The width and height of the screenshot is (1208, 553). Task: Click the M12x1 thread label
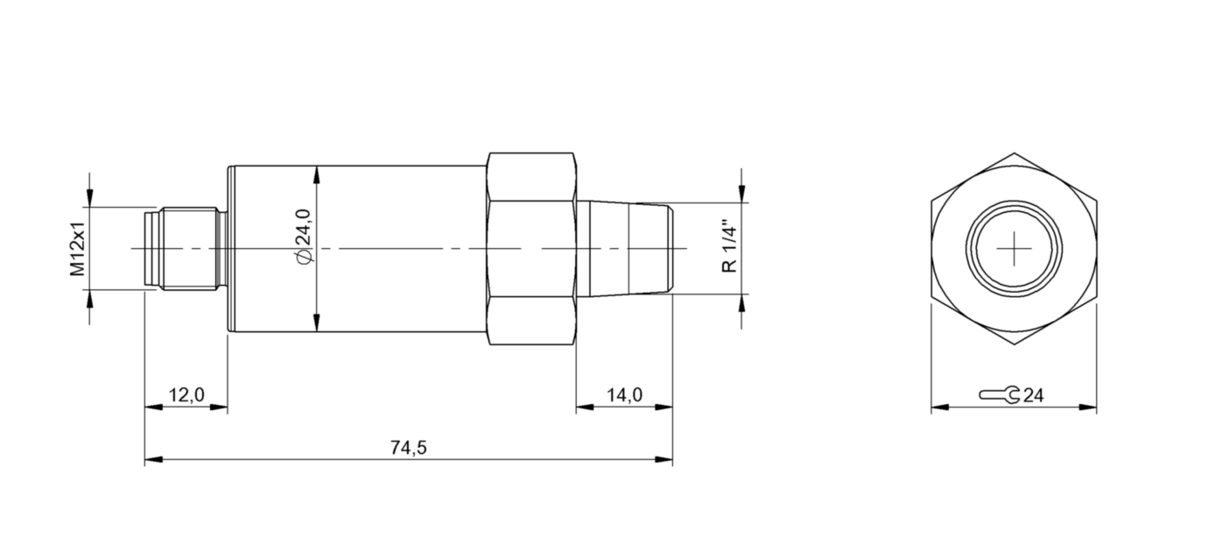point(78,249)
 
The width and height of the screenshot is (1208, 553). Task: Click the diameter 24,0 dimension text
point(303,235)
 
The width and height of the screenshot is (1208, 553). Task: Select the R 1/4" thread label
point(729,248)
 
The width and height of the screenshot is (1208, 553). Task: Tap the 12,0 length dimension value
point(186,395)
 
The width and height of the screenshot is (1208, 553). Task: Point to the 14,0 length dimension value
point(624,395)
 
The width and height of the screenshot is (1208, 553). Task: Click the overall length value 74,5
point(408,448)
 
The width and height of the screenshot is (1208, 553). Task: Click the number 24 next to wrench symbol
point(1034,396)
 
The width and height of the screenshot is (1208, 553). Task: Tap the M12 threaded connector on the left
point(184,249)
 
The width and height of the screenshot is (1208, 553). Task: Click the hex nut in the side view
point(531,249)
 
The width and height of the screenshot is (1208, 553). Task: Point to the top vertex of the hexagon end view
point(1014,154)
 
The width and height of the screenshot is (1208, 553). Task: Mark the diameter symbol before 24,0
point(303,256)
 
